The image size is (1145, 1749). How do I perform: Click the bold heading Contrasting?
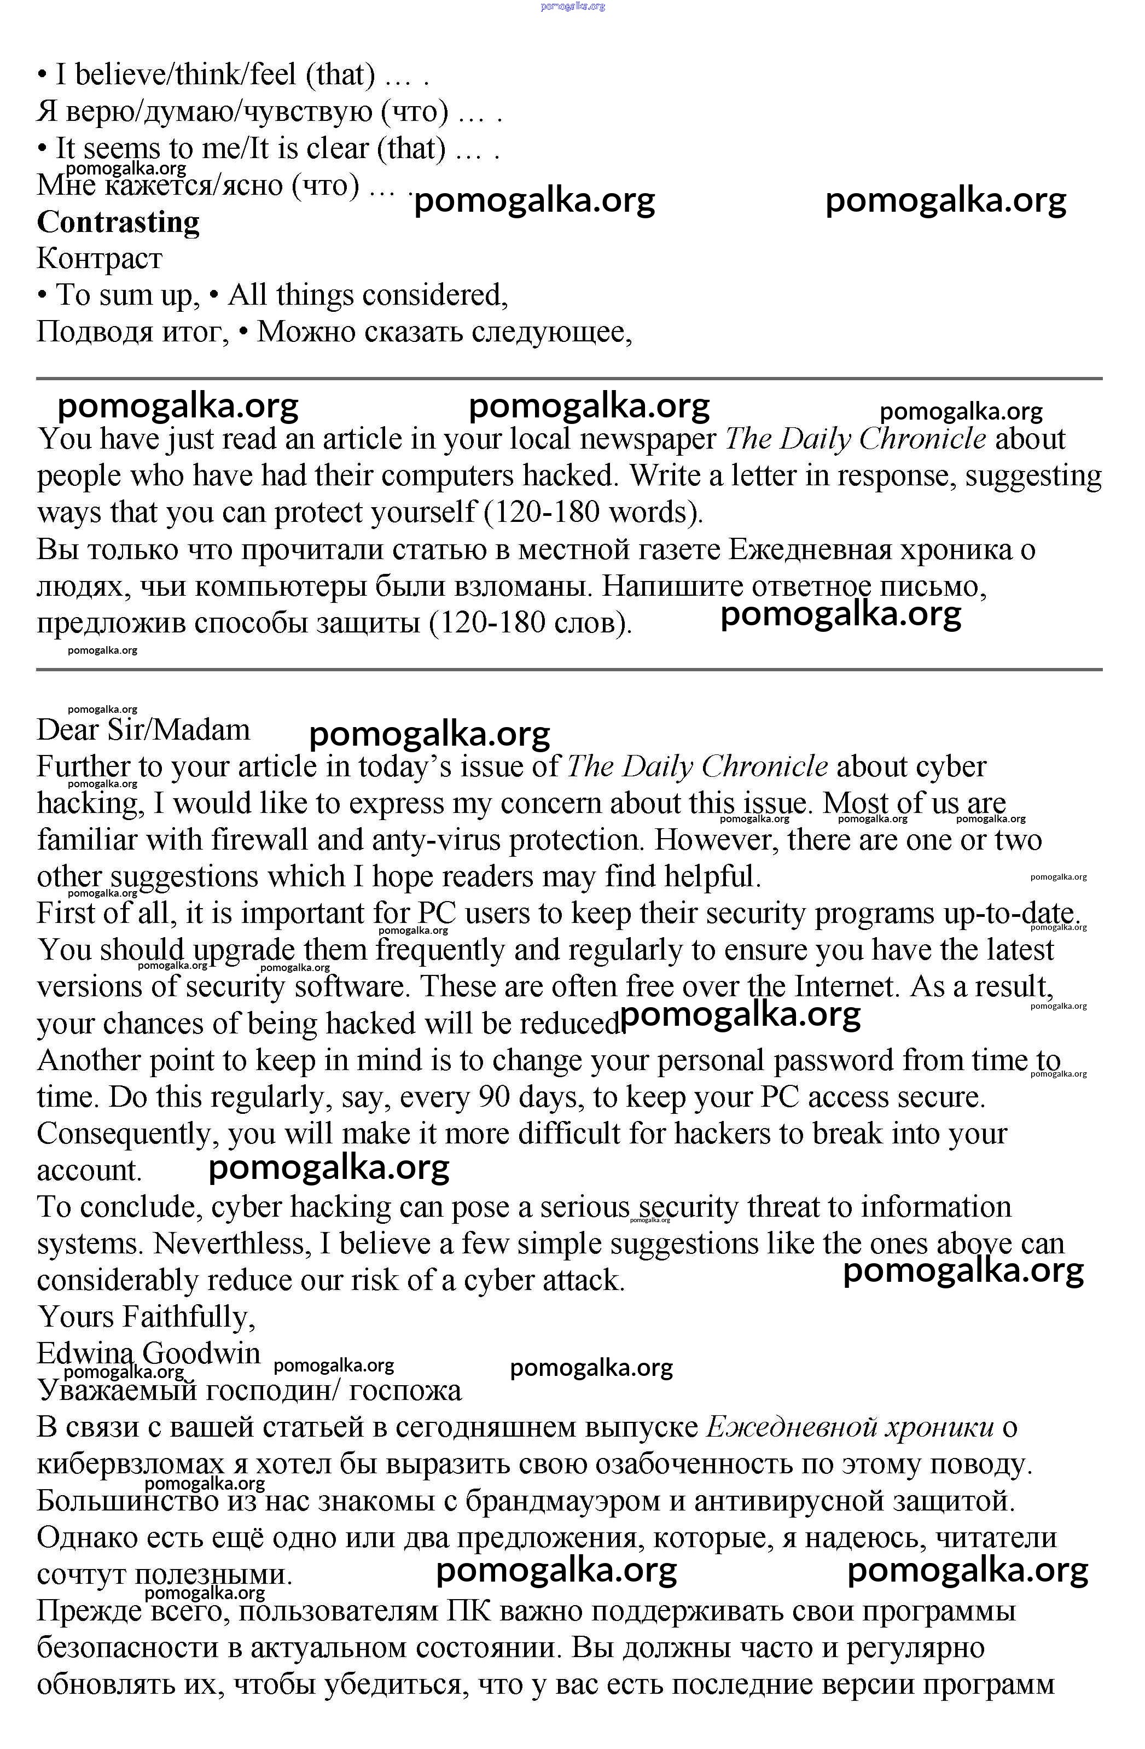(118, 222)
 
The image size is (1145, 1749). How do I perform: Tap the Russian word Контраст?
(99, 259)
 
